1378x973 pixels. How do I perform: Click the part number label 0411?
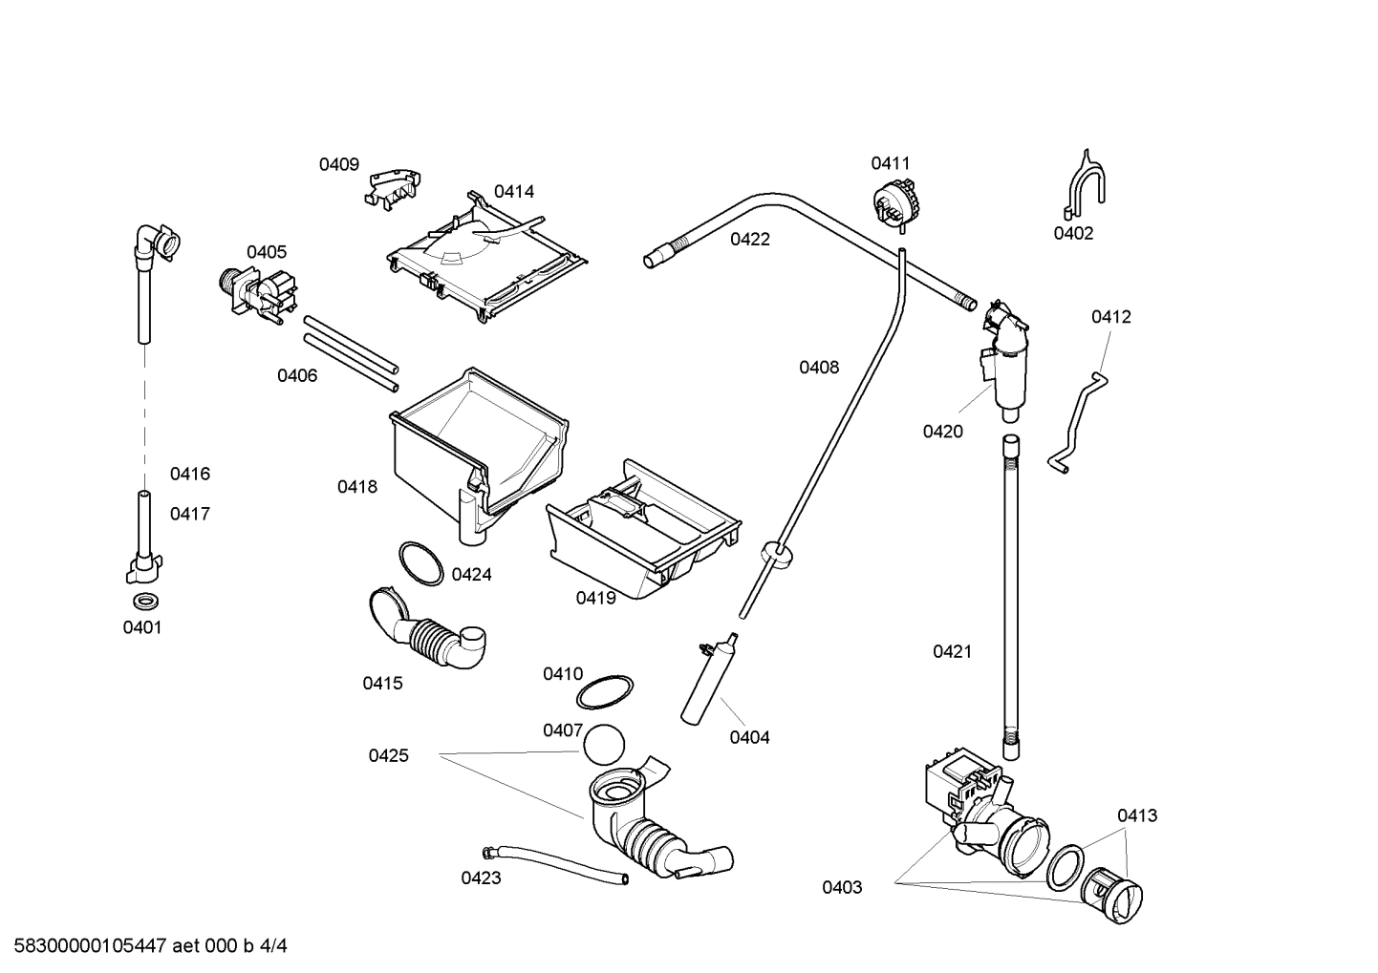(x=890, y=163)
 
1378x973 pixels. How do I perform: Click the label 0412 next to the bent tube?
(x=1110, y=317)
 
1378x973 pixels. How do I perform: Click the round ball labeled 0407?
(x=605, y=744)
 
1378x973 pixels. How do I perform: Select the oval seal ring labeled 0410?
(x=606, y=692)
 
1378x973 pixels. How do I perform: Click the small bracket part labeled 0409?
(x=393, y=185)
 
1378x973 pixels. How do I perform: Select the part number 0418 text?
(x=356, y=487)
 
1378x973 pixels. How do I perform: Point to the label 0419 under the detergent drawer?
(x=595, y=598)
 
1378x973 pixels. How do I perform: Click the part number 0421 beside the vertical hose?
(x=952, y=651)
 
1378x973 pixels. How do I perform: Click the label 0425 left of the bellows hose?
(x=388, y=755)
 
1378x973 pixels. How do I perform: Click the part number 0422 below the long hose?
(x=749, y=240)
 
